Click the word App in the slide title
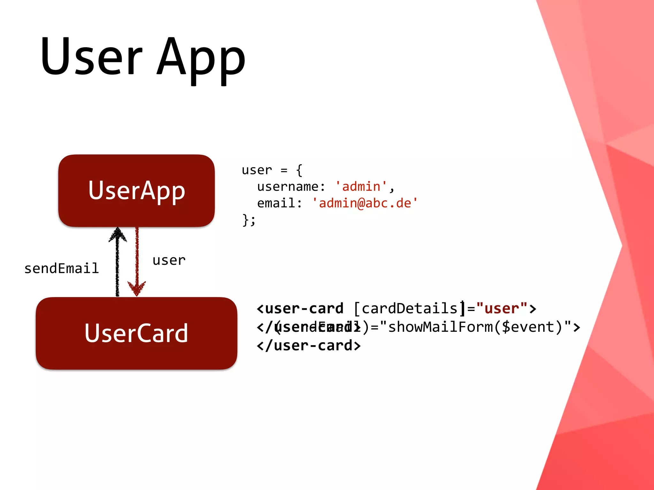click(201, 59)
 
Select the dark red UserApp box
click(136, 190)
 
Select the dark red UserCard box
click(136, 333)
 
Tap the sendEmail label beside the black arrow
click(62, 268)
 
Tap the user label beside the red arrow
click(169, 260)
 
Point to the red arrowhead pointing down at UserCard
click(137, 288)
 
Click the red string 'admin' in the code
click(361, 186)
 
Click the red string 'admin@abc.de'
click(365, 203)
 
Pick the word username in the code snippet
click(288, 186)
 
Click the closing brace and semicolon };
click(249, 220)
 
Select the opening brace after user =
click(299, 170)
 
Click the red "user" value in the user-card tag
click(501, 308)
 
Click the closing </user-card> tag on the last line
click(309, 345)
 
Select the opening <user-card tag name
click(300, 308)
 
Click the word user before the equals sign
click(257, 170)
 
